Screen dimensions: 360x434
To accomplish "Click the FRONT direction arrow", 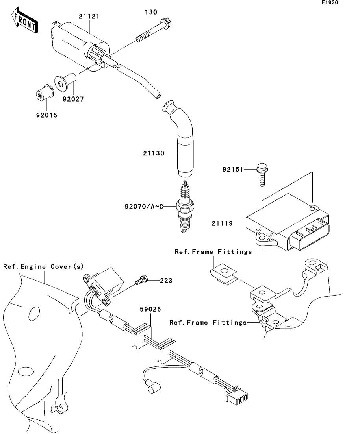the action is (x=24, y=21).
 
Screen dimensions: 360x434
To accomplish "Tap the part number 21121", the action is (x=89, y=17).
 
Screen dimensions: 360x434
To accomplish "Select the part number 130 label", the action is (x=151, y=12).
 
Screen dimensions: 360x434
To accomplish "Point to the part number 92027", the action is (x=73, y=99).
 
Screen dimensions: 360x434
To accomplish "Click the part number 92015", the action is (x=47, y=115).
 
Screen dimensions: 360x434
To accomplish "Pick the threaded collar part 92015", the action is (x=45, y=93).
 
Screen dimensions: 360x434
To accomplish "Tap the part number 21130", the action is (x=154, y=153).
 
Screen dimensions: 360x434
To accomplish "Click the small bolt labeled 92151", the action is (x=262, y=174).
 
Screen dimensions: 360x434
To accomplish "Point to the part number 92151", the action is (x=233, y=170).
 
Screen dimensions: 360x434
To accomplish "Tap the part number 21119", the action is (x=222, y=223).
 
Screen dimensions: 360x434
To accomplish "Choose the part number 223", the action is (x=166, y=281).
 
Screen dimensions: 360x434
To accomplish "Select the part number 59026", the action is (x=150, y=309).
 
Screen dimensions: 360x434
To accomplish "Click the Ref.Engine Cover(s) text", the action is (x=43, y=266).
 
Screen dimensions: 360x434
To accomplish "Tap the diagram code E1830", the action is (x=330, y=2).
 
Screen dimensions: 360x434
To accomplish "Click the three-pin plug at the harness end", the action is (x=237, y=397).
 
